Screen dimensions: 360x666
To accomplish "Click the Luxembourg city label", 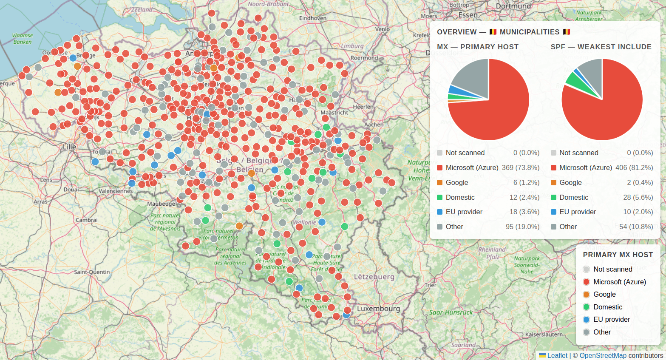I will [378, 309].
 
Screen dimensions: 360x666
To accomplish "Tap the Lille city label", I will [69, 147].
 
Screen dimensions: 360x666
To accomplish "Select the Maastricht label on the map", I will [334, 113].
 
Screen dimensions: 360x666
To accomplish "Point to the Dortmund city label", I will [513, 6].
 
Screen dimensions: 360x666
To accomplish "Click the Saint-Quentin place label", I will [92, 272].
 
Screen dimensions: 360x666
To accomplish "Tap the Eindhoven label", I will [312, 18].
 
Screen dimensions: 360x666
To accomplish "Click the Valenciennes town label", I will [116, 191].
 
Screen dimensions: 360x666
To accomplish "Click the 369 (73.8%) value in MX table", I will [520, 167].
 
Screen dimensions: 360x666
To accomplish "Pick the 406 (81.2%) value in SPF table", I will [634, 167].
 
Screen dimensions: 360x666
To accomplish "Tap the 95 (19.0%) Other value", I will [522, 227].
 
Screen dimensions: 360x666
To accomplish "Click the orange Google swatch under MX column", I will [440, 182].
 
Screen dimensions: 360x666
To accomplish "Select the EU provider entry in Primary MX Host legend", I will [611, 319].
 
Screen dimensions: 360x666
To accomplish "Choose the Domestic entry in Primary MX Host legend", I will [607, 307].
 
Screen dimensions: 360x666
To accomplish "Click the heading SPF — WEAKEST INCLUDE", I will [601, 47].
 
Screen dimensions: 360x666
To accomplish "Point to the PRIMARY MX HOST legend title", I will [618, 255].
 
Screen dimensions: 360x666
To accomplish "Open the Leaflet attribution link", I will [557, 355].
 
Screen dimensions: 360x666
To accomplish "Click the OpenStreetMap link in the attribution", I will [603, 355].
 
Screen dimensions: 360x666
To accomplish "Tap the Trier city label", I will [431, 285].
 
